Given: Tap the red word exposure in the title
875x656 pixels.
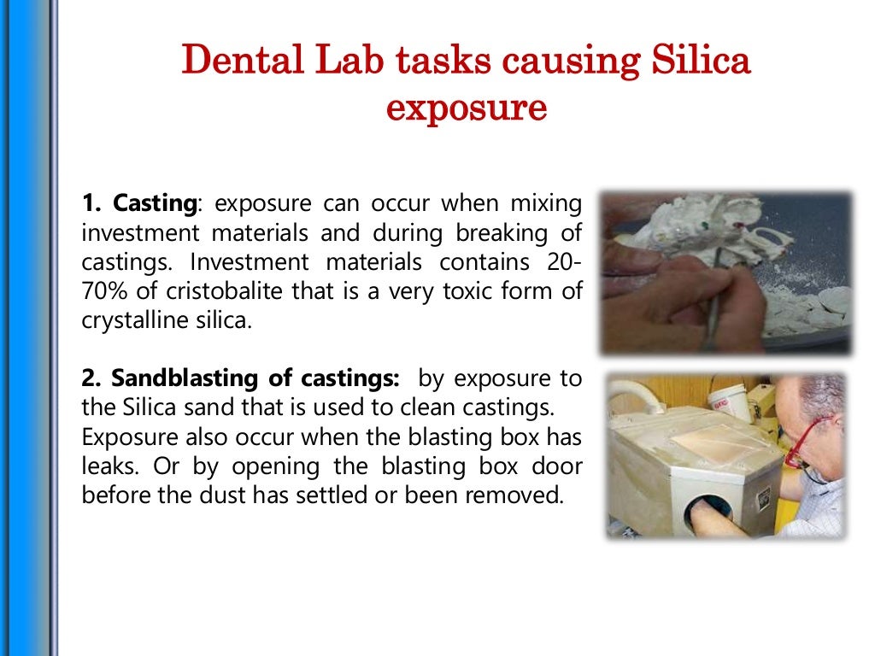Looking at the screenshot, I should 466,108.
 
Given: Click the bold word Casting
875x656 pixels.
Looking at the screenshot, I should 155,204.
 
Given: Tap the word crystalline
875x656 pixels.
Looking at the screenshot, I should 129,320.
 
